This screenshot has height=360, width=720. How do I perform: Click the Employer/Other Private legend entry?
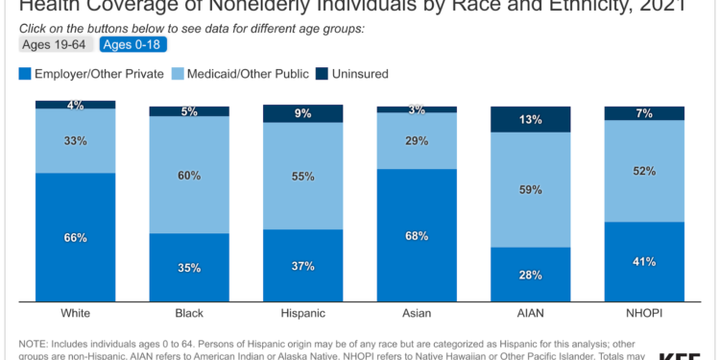85,73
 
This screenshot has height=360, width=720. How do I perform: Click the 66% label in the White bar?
76,237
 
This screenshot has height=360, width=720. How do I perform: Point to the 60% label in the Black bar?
189,175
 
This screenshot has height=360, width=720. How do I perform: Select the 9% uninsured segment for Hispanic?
302,113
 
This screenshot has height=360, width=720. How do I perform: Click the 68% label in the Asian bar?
417,235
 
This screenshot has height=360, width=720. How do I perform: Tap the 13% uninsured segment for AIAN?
530,119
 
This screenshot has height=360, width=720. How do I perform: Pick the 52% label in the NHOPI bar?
644,171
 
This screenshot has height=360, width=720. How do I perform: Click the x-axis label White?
76,313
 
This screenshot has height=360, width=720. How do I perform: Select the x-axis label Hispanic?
302,313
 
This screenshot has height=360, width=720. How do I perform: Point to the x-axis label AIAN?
530,313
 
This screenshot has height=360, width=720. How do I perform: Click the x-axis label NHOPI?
644,313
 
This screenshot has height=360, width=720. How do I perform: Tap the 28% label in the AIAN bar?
530,276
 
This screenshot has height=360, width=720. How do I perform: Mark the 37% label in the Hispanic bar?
302,266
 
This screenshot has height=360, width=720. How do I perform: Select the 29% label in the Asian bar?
417,140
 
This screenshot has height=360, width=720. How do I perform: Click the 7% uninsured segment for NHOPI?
644,113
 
